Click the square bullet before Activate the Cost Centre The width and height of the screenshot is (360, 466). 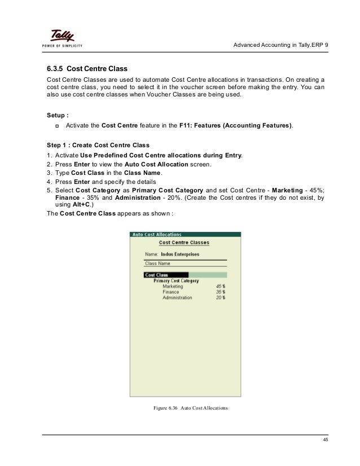click(x=57, y=125)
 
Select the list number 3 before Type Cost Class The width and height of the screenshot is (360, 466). click(x=49, y=173)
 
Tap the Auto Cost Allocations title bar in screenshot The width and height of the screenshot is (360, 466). click(x=157, y=234)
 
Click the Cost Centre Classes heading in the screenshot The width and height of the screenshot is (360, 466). click(x=184, y=243)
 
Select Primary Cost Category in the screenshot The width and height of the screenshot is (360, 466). click(x=176, y=280)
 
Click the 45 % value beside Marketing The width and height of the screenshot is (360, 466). click(x=220, y=287)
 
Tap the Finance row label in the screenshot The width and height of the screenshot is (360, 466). click(x=171, y=292)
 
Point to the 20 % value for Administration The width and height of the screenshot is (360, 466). click(x=220, y=298)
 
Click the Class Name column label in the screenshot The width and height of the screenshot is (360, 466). click(x=158, y=263)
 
